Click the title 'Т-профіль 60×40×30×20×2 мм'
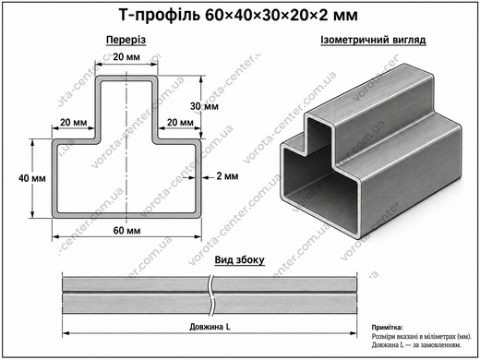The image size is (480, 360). coord(238,15)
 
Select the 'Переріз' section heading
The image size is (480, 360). coord(126,40)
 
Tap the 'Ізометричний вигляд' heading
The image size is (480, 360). coord(373,40)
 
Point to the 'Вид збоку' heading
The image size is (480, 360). coord(239,259)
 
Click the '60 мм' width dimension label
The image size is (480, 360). coord(126,231)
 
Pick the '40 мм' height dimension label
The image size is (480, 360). coord(32,178)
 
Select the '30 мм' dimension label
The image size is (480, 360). coord(204,106)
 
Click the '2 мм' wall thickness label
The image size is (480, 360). coord(227,176)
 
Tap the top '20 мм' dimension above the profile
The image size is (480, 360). coord(126,57)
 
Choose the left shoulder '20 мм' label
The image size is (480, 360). coord(74,123)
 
